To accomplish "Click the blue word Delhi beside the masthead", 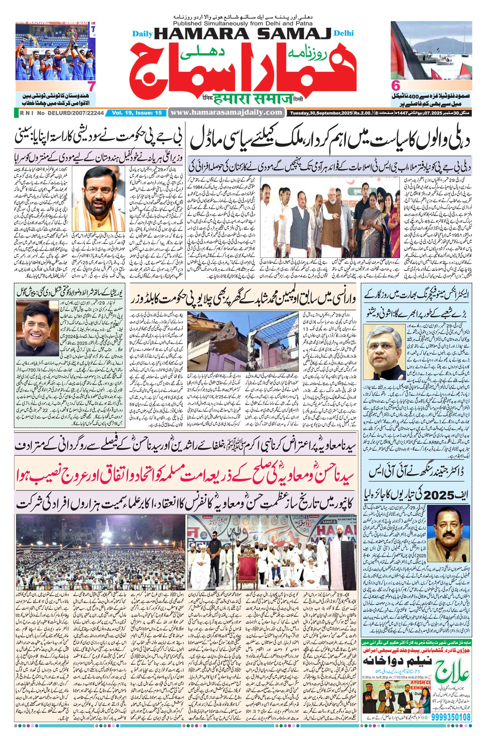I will pyautogui.click(x=344, y=33).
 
